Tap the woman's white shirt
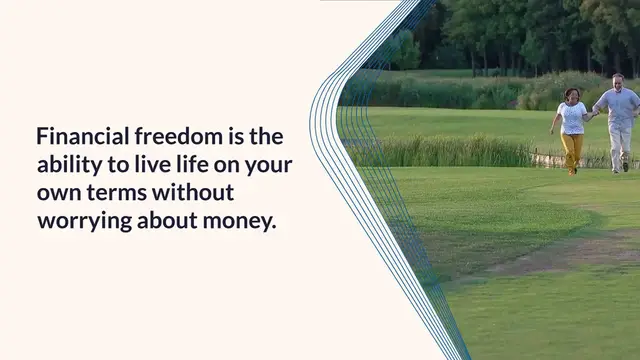(572, 118)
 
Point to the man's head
(618, 80)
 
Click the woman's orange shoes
(572, 171)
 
